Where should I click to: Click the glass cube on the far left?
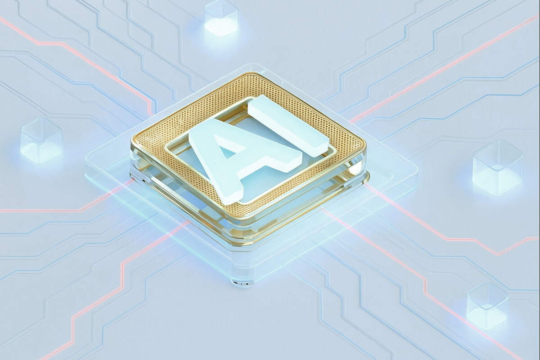click(x=41, y=140)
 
